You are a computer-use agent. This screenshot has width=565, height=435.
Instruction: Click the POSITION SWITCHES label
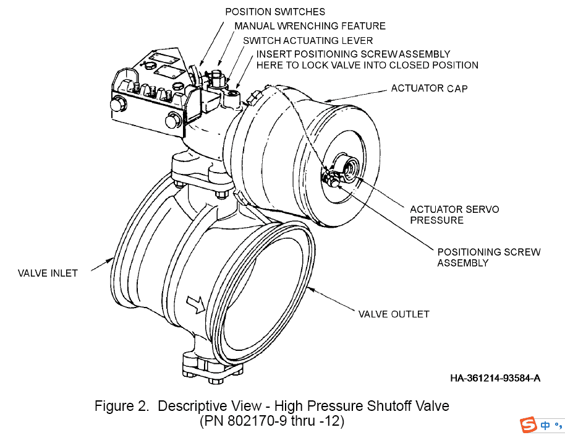click(x=274, y=11)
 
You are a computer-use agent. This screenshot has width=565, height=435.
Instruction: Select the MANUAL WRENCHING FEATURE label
click(x=310, y=26)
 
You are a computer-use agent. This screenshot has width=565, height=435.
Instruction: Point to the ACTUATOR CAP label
click(x=429, y=88)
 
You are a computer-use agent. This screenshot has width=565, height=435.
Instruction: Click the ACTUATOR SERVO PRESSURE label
click(x=454, y=215)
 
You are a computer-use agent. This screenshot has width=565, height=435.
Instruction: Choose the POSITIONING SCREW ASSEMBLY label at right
click(x=488, y=257)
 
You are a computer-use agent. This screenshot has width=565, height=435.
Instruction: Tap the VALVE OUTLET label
click(x=394, y=314)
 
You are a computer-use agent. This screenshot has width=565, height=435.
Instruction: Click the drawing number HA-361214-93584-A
click(x=495, y=378)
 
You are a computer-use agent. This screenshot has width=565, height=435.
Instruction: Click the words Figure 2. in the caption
click(x=122, y=407)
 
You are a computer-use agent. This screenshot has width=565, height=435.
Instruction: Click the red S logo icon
click(x=529, y=425)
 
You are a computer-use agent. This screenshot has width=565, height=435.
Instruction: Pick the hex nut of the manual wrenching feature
click(x=217, y=77)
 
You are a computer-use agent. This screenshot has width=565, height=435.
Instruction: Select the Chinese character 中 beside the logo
click(x=545, y=426)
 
